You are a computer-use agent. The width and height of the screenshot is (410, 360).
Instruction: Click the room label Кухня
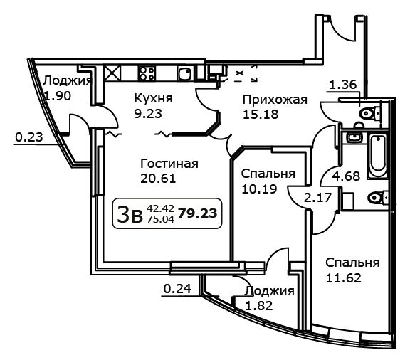tap(153, 100)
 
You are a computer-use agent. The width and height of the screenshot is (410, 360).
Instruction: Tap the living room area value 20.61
tap(158, 179)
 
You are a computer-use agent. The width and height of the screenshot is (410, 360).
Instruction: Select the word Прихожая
tap(275, 100)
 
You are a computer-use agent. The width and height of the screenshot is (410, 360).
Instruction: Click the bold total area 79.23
tap(198, 213)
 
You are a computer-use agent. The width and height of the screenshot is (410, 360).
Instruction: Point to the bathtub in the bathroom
tap(378, 156)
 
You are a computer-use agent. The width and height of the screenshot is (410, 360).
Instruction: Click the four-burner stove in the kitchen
tap(147, 73)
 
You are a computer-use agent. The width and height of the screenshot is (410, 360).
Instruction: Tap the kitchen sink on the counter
tap(186, 73)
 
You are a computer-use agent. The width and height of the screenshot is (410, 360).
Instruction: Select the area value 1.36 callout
tap(343, 85)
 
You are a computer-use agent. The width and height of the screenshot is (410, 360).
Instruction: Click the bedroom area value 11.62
tap(344, 278)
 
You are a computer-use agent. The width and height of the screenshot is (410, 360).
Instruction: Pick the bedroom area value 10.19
tap(259, 189)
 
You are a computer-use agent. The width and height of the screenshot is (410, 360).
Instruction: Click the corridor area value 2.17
tap(318, 197)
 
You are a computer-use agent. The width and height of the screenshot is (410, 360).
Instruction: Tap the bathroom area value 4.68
tap(346, 176)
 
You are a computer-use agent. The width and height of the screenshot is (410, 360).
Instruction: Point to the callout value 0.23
tap(29, 137)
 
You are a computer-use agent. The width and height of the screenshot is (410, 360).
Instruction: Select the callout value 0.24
tap(177, 289)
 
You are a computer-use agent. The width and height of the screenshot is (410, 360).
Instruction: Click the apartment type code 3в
tap(130, 214)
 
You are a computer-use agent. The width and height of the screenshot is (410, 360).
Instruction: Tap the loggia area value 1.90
tap(58, 96)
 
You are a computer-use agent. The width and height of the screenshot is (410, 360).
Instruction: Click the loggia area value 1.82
tap(259, 306)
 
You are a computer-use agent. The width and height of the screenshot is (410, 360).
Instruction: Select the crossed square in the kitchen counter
tap(112, 73)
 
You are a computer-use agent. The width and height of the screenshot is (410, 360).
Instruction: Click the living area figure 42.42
tap(160, 208)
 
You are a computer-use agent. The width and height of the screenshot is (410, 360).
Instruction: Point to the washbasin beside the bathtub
tap(354, 137)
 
